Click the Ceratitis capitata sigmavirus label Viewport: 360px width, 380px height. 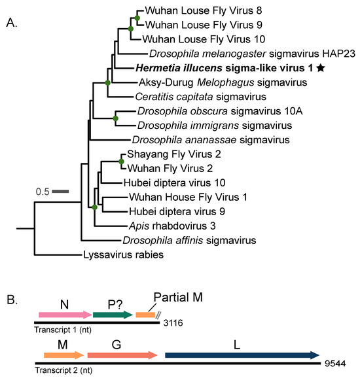185,96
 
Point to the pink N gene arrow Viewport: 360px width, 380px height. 64,315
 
